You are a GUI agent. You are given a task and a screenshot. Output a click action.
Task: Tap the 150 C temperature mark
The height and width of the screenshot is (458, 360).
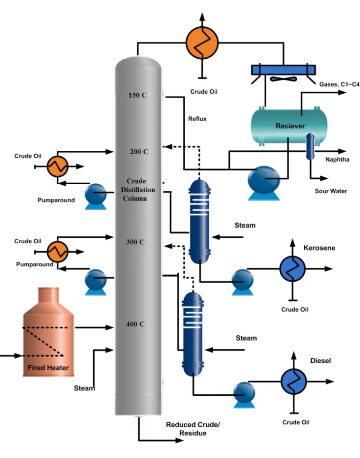pyautogui.click(x=137, y=95)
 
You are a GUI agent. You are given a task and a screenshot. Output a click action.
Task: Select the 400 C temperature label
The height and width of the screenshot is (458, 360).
pyautogui.click(x=135, y=324)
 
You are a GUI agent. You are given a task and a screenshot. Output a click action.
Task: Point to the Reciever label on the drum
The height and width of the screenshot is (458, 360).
pyautogui.click(x=290, y=126)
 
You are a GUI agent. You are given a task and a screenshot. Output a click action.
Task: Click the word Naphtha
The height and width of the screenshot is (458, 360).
pyautogui.click(x=337, y=159)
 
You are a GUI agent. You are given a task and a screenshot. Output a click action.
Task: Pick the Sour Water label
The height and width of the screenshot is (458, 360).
pyautogui.click(x=331, y=191)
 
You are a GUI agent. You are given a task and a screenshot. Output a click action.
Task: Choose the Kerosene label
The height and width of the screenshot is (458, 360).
pyautogui.click(x=319, y=248)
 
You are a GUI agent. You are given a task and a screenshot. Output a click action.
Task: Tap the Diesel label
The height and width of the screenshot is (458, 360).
pyautogui.click(x=321, y=361)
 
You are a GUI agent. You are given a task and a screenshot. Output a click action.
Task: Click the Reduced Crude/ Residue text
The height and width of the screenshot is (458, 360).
pyautogui.click(x=192, y=429)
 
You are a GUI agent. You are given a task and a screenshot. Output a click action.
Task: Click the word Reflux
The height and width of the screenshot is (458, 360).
pyautogui.click(x=197, y=119)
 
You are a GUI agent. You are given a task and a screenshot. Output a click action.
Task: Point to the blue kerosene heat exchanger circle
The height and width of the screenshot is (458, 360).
pyautogui.click(x=292, y=269)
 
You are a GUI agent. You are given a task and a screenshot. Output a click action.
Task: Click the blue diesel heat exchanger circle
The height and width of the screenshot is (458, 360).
pyautogui.click(x=293, y=382)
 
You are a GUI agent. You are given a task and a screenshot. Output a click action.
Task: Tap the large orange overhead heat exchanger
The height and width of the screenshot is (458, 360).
pyautogui.click(x=202, y=41)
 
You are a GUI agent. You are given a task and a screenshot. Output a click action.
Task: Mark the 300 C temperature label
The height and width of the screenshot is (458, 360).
pyautogui.click(x=135, y=242)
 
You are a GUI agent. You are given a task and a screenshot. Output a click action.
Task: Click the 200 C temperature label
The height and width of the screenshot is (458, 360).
pyautogui.click(x=139, y=152)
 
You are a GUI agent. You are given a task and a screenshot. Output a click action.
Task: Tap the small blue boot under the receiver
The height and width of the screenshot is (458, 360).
pyautogui.click(x=310, y=146)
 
